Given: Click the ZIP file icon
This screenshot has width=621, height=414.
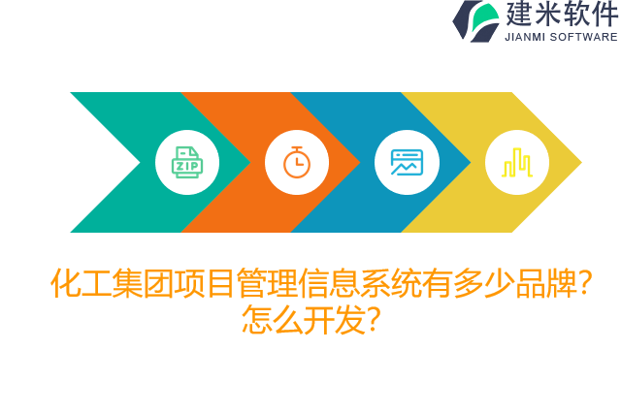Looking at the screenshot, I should (187, 162).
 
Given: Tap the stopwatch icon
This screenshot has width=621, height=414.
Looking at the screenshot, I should (297, 162).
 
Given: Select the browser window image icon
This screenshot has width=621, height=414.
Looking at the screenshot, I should (407, 162).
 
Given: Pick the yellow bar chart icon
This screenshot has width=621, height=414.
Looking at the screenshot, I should (516, 162).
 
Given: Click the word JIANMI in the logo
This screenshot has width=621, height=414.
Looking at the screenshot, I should (529, 37).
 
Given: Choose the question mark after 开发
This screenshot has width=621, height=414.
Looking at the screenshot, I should (372, 319).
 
